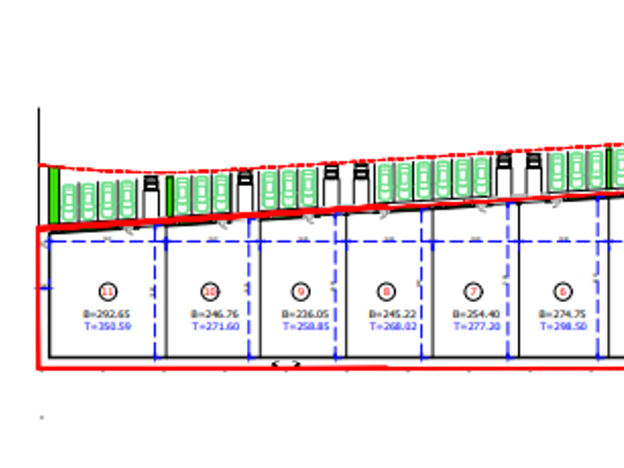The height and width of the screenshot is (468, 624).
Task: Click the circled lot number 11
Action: tap(108, 292)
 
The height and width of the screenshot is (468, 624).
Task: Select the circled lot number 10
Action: tap(210, 292)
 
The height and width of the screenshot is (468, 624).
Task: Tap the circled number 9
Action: tap(301, 292)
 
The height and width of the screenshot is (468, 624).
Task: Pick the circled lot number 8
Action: tap(388, 292)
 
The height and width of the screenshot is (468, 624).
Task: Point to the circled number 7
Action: tap(474, 292)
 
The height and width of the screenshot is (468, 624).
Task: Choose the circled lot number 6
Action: tap(563, 292)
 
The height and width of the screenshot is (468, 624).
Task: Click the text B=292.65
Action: tap(106, 314)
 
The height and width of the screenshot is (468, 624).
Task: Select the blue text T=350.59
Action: tap(106, 326)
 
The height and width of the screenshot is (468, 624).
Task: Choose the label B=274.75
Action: tap(562, 314)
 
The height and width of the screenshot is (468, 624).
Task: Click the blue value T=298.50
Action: tap(562, 326)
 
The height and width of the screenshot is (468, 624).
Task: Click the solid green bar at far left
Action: tap(54, 195)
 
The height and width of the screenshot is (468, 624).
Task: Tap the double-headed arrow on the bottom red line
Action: tap(285, 365)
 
